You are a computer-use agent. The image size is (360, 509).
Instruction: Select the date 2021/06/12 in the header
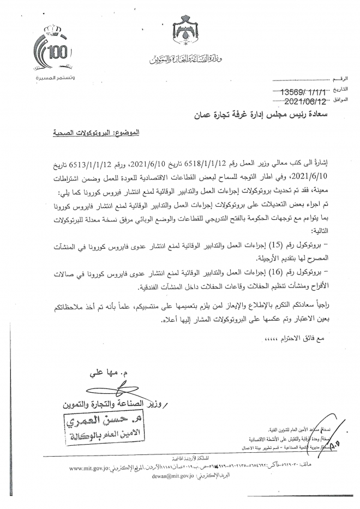[302, 101]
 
